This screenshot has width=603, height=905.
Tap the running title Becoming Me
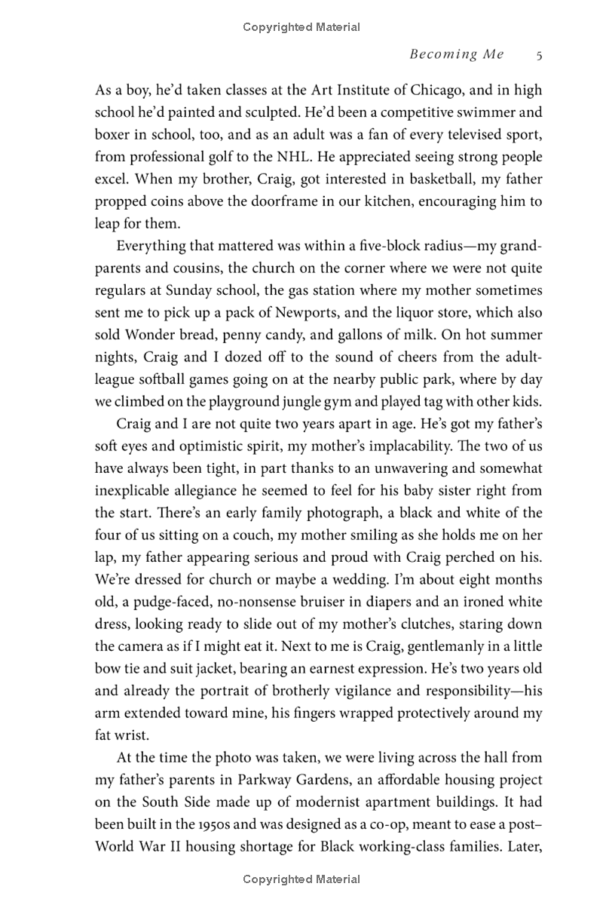(x=457, y=54)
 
